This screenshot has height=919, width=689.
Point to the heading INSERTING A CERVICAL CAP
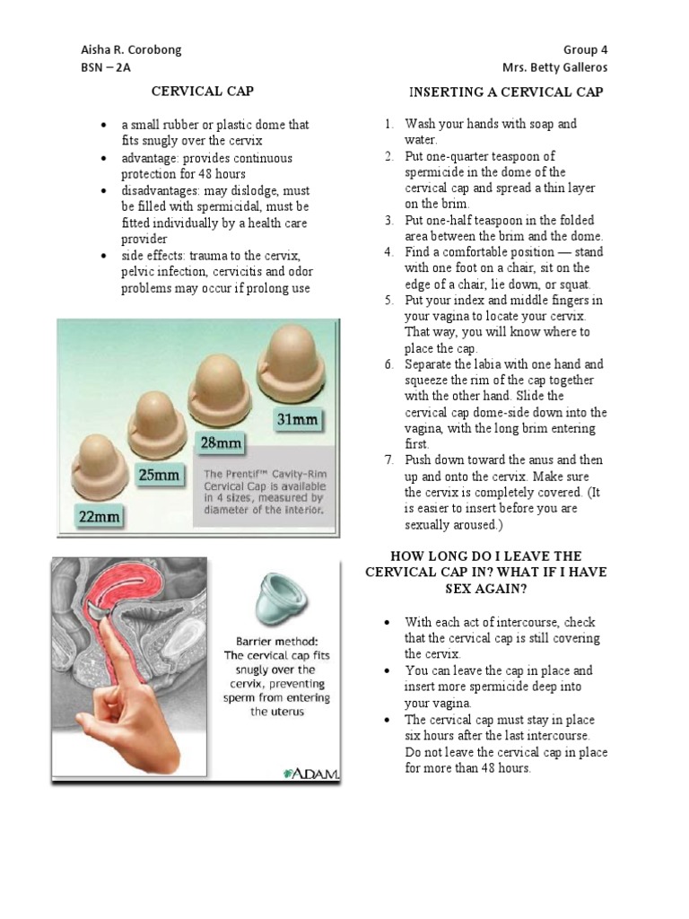coord(506,92)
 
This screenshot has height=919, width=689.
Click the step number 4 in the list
coord(388,252)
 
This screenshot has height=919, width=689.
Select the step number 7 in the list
coord(388,460)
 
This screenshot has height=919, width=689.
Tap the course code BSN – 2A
coord(106,68)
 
